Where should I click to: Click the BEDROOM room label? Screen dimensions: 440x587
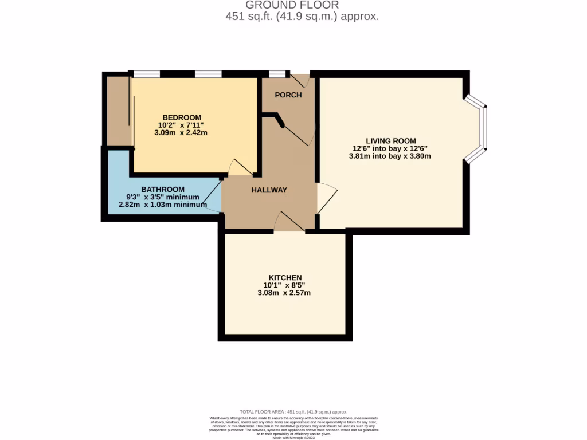click(x=181, y=116)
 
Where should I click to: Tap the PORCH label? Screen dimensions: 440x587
click(x=288, y=95)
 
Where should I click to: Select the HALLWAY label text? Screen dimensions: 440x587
click(x=269, y=190)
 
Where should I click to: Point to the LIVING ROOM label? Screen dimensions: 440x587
click(x=391, y=140)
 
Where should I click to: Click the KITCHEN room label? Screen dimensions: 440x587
click(x=285, y=277)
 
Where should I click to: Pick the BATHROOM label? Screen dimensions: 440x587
click(x=163, y=189)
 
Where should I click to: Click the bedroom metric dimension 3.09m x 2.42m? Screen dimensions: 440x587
click(x=181, y=132)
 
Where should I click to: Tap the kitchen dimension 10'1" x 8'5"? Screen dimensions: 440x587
click(x=285, y=285)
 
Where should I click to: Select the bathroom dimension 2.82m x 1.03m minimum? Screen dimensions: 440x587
click(x=163, y=205)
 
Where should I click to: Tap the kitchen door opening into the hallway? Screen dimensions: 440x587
click(x=289, y=222)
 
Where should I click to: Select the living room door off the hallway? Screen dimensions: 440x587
click(x=326, y=198)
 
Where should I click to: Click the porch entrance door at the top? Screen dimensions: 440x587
click(x=300, y=81)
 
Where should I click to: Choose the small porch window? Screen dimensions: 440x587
click(x=277, y=74)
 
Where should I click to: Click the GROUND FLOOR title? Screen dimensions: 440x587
click(x=292, y=5)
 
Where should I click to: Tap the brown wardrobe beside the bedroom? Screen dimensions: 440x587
click(x=118, y=110)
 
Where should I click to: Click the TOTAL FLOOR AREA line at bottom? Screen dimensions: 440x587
click(x=293, y=411)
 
